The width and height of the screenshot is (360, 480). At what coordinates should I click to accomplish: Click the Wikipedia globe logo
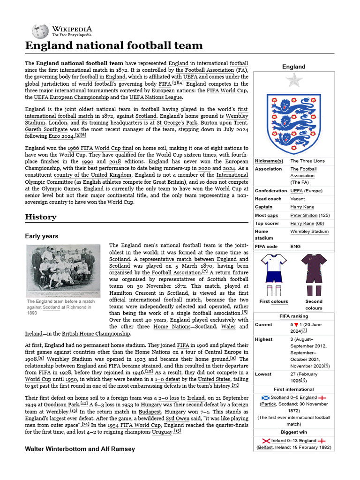[40, 31]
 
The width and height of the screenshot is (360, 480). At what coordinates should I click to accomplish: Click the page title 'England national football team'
[114, 45]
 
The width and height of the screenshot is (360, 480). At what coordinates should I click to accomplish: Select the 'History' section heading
[40, 217]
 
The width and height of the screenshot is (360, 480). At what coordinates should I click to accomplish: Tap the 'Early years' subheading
[42, 236]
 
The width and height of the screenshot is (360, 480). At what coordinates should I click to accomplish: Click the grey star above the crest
[294, 81]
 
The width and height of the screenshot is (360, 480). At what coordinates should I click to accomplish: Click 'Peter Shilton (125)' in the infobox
[310, 215]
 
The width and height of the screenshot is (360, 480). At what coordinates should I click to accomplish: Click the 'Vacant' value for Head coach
[298, 199]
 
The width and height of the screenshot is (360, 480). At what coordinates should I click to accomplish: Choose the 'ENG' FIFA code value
[295, 246]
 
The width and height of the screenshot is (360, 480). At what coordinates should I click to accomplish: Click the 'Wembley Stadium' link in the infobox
[309, 231]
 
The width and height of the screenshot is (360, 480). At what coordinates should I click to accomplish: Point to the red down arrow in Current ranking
[297, 324]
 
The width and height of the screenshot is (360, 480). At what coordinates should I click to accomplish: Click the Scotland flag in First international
[266, 397]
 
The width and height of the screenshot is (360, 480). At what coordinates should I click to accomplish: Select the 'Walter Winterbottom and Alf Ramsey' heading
[80, 449]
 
